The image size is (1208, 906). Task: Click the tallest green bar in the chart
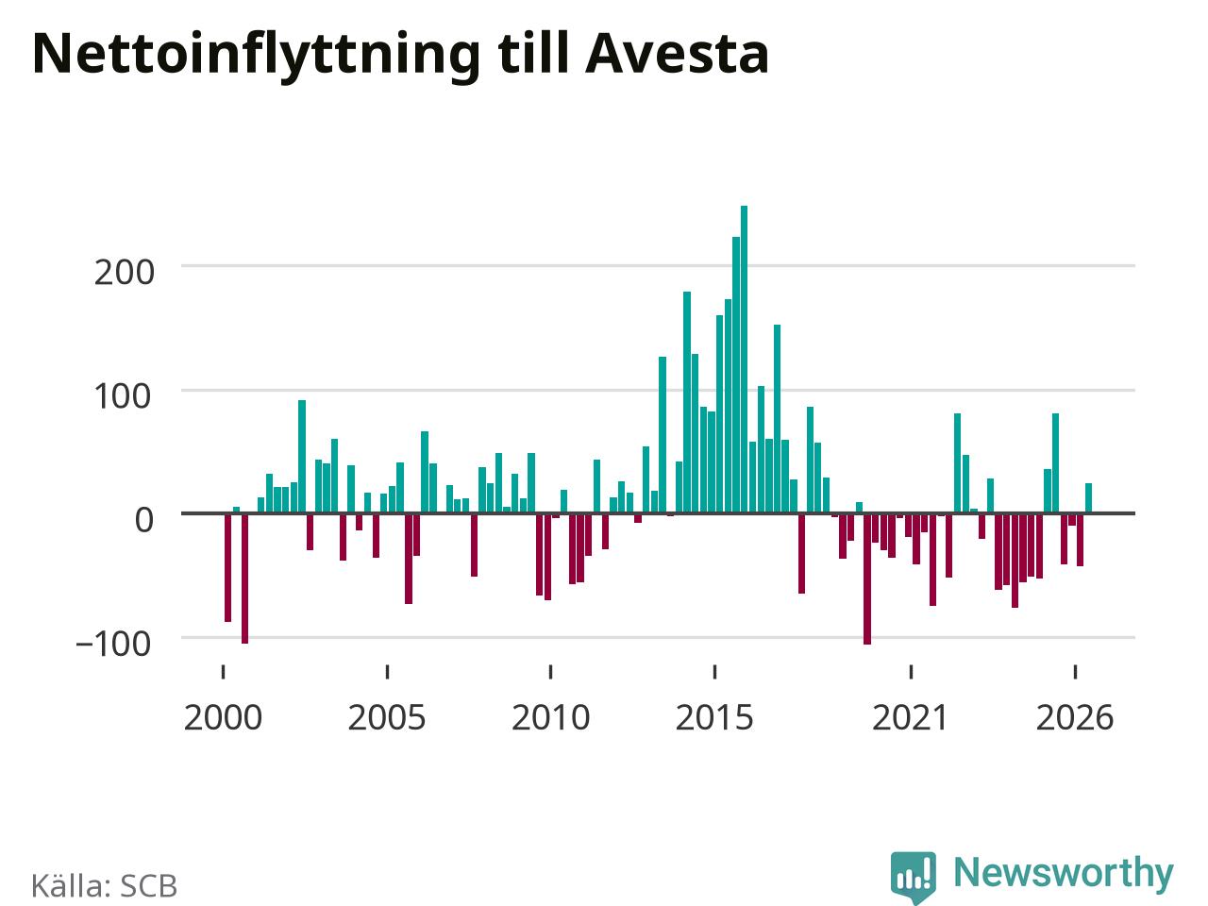tap(744, 360)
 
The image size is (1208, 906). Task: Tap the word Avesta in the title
tap(677, 54)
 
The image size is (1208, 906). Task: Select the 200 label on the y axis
tap(124, 273)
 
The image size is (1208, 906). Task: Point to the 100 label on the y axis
tap(123, 396)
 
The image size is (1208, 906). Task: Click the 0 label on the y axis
tap(143, 520)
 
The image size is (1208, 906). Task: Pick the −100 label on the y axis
tap(113, 644)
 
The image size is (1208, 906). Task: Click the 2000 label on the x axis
tap(223, 718)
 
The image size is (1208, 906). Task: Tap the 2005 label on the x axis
tap(387, 718)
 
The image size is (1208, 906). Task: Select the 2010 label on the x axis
tap(551, 718)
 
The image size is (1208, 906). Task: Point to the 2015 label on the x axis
tap(714, 718)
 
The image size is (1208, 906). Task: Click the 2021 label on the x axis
tap(911, 718)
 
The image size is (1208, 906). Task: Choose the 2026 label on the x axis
tap(1075, 718)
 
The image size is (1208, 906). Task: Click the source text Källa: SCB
tap(105, 885)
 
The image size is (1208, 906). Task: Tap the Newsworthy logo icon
tap(914, 877)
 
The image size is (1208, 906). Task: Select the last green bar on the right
tap(1088, 498)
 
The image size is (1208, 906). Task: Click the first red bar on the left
tap(227, 568)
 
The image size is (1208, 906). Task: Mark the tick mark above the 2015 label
tap(715, 672)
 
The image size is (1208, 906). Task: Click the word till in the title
tap(532, 53)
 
